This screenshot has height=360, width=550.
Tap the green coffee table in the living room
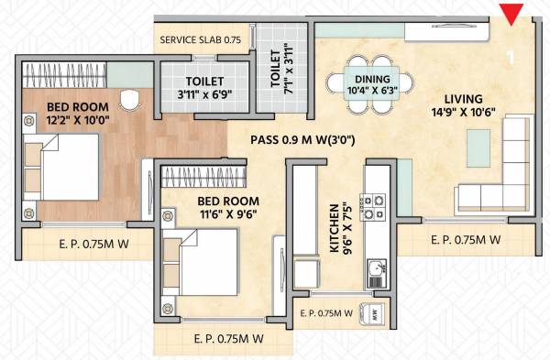pos(477,143)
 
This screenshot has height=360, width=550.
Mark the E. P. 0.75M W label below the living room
pos(465,240)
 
